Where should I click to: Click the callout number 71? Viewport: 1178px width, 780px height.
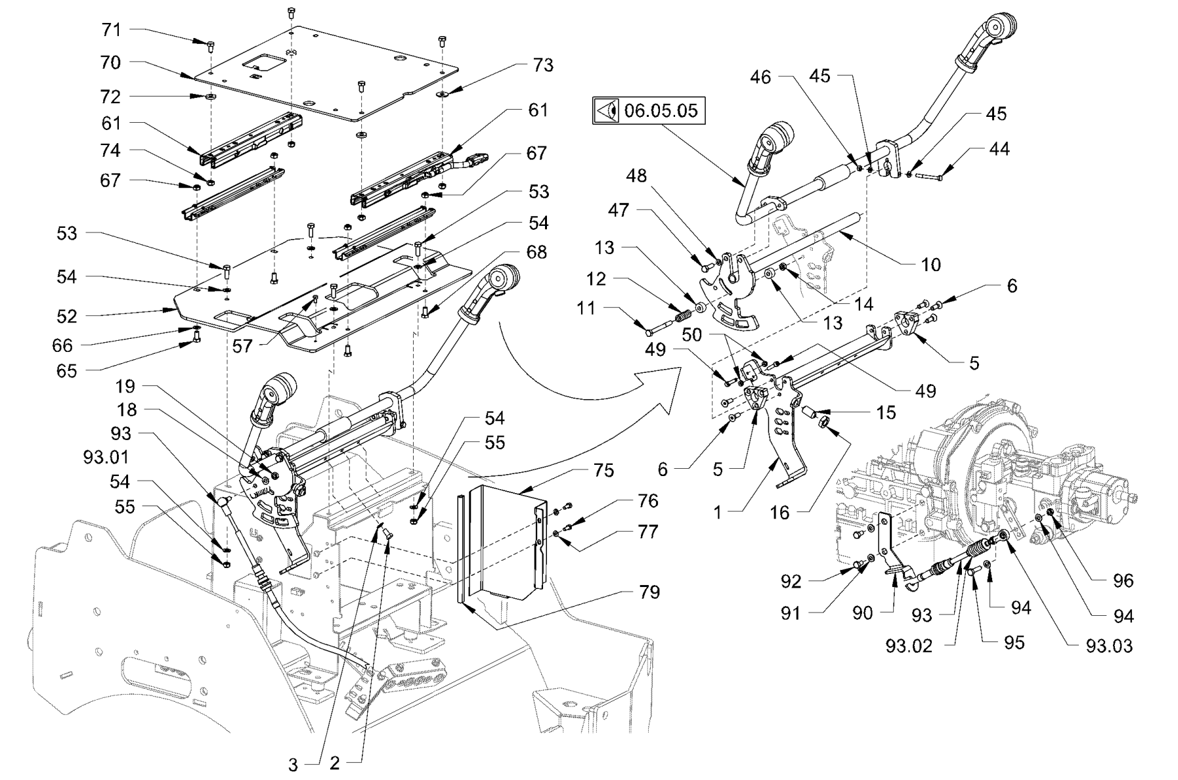tap(111, 30)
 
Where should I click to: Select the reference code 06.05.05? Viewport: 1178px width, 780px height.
tap(661, 110)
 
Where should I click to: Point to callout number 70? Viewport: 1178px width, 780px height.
tap(111, 62)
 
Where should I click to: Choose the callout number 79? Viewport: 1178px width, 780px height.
tap(649, 592)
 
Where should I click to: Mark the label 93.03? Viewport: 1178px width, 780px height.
tap(1109, 646)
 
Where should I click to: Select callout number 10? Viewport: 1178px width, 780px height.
tap(931, 265)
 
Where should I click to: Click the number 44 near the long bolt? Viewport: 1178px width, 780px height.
tap(999, 150)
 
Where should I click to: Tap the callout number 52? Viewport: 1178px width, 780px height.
tap(67, 316)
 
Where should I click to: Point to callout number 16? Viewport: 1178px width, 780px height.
tap(779, 513)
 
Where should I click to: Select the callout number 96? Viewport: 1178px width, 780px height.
tap(1123, 580)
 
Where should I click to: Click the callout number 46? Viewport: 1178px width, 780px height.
tap(760, 77)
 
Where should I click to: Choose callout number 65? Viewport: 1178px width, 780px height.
tap(66, 371)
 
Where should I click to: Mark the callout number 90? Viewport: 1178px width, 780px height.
tap(862, 613)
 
